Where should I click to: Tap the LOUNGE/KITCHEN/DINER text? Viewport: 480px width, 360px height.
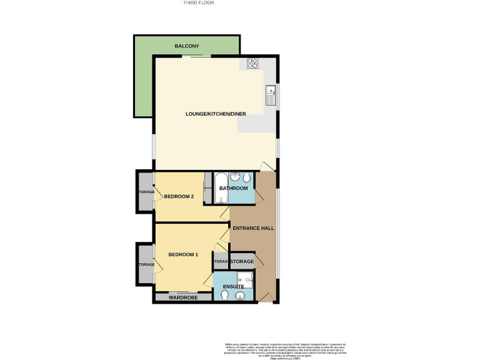[216, 114]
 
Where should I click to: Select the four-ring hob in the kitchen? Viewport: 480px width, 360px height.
[253, 62]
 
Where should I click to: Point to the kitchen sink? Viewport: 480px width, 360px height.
[271, 96]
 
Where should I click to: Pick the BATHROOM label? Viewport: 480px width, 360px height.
[233, 188]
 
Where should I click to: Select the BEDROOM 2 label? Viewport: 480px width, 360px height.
[179, 197]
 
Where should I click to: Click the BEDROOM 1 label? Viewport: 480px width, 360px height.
[183, 254]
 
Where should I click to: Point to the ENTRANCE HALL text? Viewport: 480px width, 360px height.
[253, 228]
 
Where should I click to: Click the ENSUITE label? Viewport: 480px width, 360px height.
[232, 287]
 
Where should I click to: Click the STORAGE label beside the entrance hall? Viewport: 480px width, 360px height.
[242, 261]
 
